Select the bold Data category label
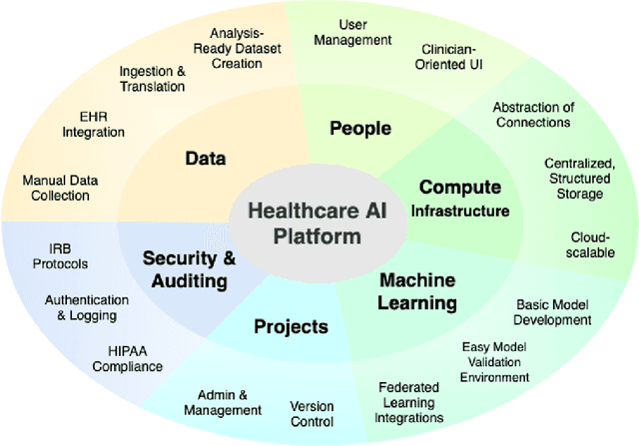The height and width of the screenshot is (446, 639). (x=206, y=158)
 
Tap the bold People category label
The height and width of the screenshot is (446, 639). (x=359, y=128)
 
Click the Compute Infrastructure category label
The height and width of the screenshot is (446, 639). (x=464, y=198)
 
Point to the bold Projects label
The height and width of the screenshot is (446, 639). (x=291, y=326)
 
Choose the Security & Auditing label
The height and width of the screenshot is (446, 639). (x=189, y=268)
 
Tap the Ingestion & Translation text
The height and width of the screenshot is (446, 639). (x=152, y=79)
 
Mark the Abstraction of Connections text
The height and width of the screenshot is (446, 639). (x=532, y=115)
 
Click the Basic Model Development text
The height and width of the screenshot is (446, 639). (x=553, y=312)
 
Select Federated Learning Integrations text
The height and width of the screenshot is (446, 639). (x=410, y=402)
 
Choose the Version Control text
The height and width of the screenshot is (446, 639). (x=312, y=414)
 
